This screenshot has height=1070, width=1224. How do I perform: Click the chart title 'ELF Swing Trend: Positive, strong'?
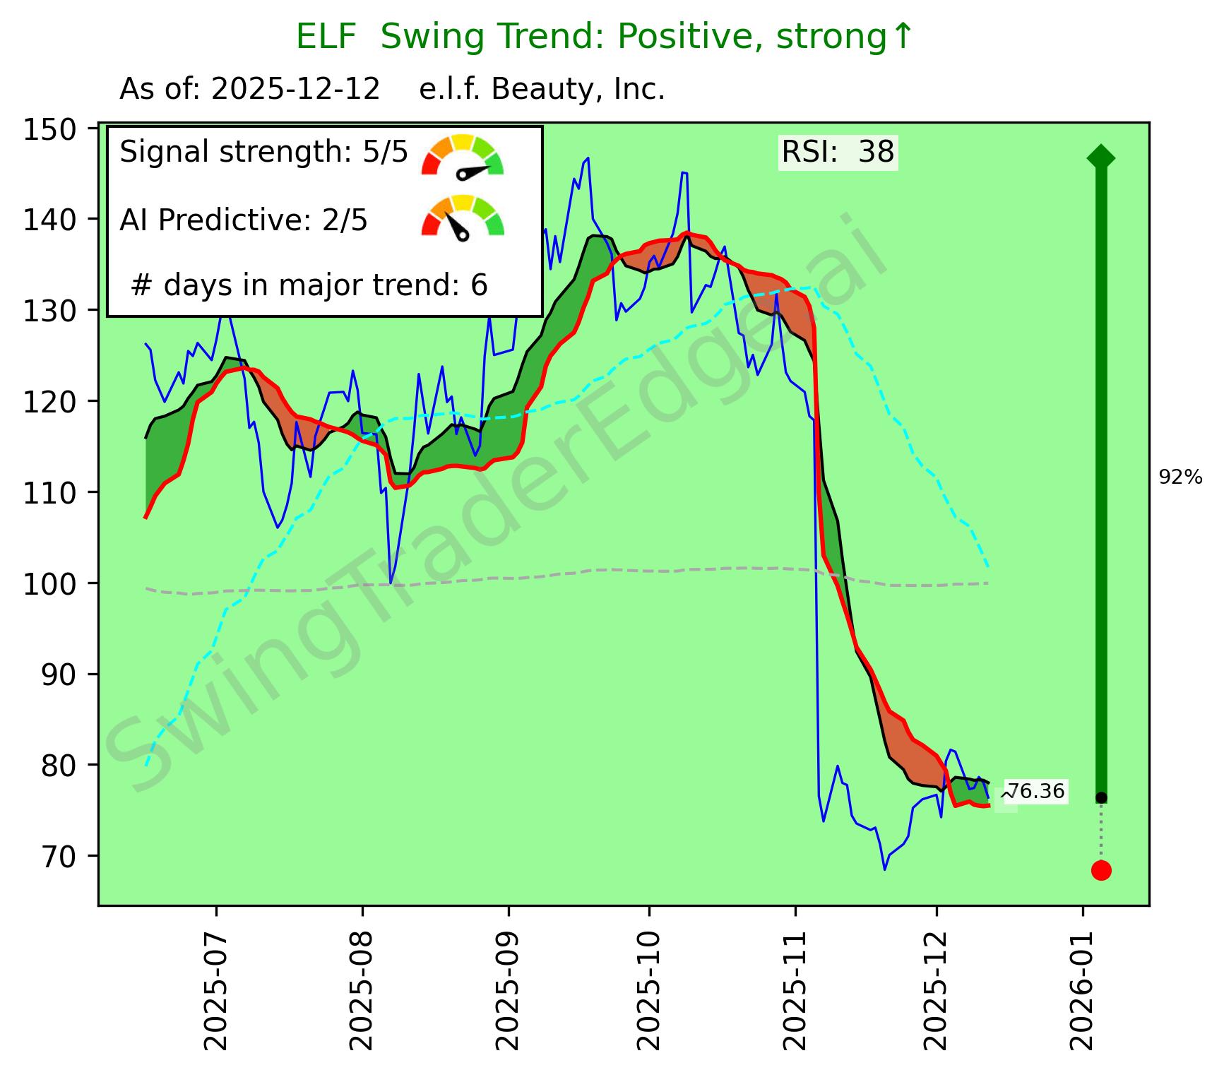[x=605, y=37]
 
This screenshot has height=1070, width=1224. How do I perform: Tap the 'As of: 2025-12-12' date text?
[x=250, y=90]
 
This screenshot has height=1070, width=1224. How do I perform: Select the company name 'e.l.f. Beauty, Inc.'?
[x=542, y=90]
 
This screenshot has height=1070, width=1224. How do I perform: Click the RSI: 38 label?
[x=838, y=152]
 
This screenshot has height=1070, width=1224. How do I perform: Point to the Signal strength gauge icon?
[x=463, y=155]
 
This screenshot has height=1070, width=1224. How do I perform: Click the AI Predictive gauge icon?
[x=463, y=218]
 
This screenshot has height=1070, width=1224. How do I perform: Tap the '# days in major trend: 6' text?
[x=309, y=285]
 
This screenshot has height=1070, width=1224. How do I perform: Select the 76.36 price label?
[x=1036, y=792]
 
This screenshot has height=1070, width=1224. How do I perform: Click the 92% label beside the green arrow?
[x=1180, y=478]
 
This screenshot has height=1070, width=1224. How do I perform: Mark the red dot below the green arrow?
[x=1101, y=870]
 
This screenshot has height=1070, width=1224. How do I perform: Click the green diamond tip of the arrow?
[x=1101, y=157]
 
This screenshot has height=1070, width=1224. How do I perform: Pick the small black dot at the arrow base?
[x=1101, y=798]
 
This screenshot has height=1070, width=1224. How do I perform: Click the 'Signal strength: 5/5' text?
[x=264, y=152]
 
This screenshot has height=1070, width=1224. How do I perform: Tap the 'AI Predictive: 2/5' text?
[x=244, y=220]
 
